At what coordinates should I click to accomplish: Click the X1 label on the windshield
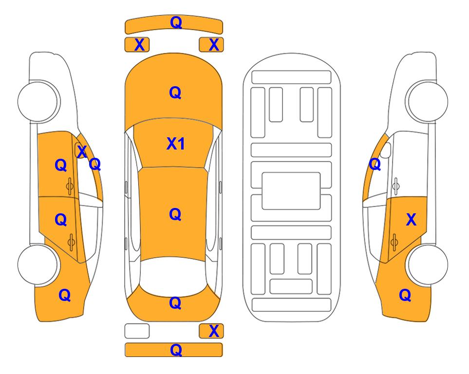176,144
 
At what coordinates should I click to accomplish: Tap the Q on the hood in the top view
175,93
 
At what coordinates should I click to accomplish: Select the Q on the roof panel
175,215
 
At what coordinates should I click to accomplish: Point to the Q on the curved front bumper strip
176,22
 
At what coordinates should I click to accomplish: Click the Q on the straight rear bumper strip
176,350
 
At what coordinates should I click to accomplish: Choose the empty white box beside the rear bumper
137,331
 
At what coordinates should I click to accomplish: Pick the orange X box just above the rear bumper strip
211,331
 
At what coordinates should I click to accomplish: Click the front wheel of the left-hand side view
38,101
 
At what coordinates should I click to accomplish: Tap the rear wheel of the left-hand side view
38,264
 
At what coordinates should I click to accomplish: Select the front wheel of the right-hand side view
427,101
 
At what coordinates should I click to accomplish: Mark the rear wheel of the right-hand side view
427,264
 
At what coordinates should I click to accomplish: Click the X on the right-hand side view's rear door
411,220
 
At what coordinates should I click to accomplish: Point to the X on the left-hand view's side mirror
82,151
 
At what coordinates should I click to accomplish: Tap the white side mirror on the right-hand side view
386,150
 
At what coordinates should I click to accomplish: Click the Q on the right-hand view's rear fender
405,295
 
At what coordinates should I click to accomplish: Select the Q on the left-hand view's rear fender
65,295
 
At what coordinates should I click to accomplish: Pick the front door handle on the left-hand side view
70,186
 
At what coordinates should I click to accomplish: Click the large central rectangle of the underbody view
291,191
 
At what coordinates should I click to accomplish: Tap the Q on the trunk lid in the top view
175,303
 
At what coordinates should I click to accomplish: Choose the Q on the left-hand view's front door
61,165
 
